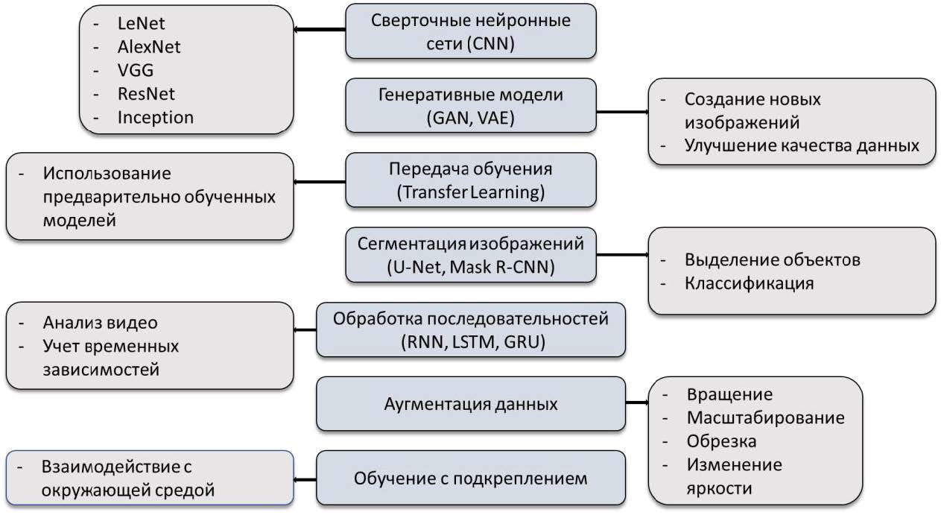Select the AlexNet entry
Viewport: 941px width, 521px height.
coord(149,47)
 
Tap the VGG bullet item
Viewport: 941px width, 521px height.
coord(136,71)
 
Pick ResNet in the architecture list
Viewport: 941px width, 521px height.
coord(146,94)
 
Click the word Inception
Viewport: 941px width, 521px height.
coord(156,117)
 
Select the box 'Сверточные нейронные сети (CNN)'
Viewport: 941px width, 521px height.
coord(471,31)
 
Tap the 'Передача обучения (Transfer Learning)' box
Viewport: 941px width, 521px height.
coord(471,181)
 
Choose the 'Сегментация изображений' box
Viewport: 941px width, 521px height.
coord(471,255)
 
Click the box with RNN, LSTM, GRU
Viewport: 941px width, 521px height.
coord(471,329)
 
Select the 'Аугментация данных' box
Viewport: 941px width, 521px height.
coord(471,404)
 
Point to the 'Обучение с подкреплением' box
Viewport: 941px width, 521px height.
coord(471,478)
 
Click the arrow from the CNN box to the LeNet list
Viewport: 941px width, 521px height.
coord(320,31)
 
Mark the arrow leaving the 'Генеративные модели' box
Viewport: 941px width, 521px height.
coord(622,113)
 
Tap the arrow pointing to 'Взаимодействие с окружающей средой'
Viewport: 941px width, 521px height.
coord(305,481)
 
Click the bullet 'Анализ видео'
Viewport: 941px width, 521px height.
coord(101,323)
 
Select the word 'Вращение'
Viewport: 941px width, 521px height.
coord(729,394)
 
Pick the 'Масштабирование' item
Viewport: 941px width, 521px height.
coord(766,417)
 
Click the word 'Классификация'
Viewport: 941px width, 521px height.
coord(749,283)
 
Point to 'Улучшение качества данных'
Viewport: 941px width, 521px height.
coord(802,145)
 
